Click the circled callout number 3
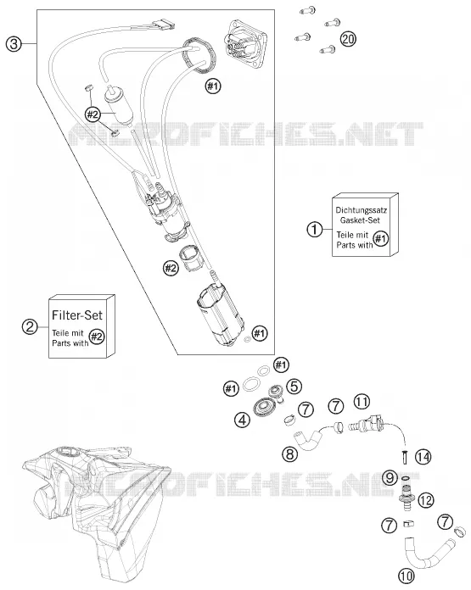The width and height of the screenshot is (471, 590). click(14, 44)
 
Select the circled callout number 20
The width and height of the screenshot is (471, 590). click(348, 39)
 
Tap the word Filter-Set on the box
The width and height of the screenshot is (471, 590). click(77, 315)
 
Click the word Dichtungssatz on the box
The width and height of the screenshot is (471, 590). click(361, 210)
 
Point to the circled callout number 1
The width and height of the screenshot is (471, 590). click(315, 229)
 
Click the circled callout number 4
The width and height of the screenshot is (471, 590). click(242, 420)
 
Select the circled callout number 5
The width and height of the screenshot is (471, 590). click(294, 387)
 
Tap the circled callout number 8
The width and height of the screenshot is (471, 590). click(289, 454)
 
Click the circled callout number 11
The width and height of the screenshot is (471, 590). click(362, 402)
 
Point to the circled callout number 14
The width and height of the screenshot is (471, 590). click(423, 457)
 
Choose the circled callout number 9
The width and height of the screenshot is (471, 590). click(390, 478)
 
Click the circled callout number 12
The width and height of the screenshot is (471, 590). click(426, 500)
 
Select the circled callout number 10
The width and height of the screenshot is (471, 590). click(406, 576)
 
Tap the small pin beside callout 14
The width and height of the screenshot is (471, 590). click(405, 457)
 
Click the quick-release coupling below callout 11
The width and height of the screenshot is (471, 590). click(366, 425)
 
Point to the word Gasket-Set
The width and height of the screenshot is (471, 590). click(360, 220)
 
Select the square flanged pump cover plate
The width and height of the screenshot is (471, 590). click(247, 43)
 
